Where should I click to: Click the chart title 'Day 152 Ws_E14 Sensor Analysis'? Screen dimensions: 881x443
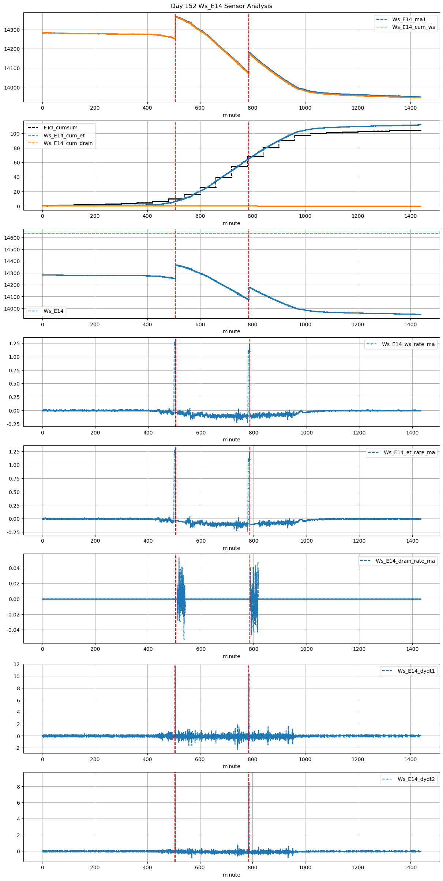pos(221,6)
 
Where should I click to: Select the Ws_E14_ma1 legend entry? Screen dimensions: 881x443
pos(409,19)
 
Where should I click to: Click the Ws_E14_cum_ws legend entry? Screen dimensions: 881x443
pos(413,27)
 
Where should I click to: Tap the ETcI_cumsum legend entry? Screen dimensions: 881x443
pos(60,128)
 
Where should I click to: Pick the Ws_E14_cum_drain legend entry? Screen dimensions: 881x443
pos(68,143)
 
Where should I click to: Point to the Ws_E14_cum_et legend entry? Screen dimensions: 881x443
pos(64,136)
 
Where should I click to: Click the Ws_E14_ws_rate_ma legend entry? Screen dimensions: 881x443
pos(408,344)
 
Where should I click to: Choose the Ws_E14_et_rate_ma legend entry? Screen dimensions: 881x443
pos(409,452)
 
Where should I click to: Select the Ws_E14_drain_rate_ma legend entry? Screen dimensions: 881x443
pos(405,561)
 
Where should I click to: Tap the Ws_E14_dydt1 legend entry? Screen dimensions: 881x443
pos(416,671)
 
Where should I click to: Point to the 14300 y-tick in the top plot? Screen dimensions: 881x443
pos(12,30)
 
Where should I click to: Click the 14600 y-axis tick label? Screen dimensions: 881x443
pos(12,238)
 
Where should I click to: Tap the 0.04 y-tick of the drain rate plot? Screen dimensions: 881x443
pos(15,568)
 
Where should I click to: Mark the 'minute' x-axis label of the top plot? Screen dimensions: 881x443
pos(231,115)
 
